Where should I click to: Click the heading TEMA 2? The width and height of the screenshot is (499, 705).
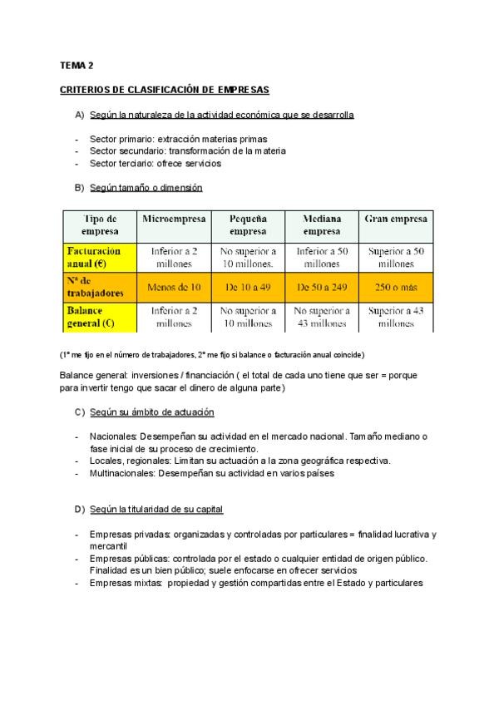[x=77, y=65]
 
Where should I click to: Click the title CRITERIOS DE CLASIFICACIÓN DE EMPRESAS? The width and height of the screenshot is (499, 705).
[x=164, y=89]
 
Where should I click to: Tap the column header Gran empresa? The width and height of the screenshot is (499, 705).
[x=397, y=219]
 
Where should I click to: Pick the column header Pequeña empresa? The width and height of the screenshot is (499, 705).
[x=248, y=224]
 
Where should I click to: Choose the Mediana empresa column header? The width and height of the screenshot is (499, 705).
[x=322, y=224]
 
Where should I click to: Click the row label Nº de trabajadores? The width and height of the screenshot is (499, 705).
[x=95, y=287]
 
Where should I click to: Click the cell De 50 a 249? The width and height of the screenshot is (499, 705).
[x=322, y=288]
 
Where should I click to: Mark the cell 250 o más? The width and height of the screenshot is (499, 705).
[x=397, y=288]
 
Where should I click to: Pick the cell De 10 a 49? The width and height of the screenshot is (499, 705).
[x=248, y=288]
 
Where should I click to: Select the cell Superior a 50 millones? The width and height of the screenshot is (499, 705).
[x=397, y=257]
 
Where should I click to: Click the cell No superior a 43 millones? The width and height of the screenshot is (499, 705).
[x=322, y=318]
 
